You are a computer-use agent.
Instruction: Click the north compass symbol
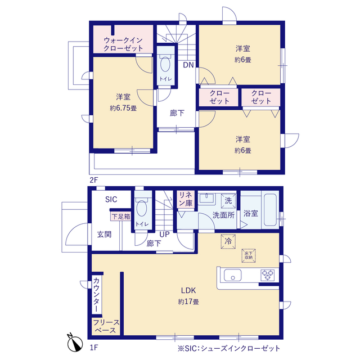pyautogui.click(x=75, y=343)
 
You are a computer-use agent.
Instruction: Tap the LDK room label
pyautogui.click(x=188, y=290)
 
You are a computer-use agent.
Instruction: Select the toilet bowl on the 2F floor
pyautogui.click(x=165, y=64)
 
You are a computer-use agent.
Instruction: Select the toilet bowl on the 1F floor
pyautogui.click(x=141, y=208)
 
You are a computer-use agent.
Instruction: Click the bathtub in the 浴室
pyautogui.click(x=270, y=210)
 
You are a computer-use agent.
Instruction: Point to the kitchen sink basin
pyautogui.click(x=232, y=275)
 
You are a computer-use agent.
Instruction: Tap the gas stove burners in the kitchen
pyautogui.click(x=268, y=275)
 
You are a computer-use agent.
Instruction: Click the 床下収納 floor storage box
pyautogui.click(x=249, y=255)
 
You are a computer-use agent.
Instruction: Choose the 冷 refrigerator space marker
pyautogui.click(x=228, y=241)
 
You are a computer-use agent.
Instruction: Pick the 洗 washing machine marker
pyautogui.click(x=228, y=201)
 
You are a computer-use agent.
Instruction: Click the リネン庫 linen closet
pyautogui.click(x=186, y=199)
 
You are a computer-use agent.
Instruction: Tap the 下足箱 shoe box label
pyautogui.click(x=121, y=217)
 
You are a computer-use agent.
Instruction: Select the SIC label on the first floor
pyautogui.click(x=111, y=199)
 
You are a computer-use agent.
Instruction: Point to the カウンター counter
pyautogui.click(x=97, y=295)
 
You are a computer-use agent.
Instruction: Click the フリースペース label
pyautogui.click(x=106, y=326)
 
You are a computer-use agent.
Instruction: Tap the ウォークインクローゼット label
pyautogui.click(x=123, y=44)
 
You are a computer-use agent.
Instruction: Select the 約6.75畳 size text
pyautogui.click(x=123, y=108)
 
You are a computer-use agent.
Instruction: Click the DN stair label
pyautogui.click(x=188, y=65)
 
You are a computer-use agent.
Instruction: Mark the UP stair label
pyautogui.click(x=164, y=235)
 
